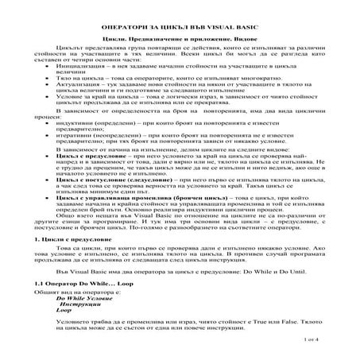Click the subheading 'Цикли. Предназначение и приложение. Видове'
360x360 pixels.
pyautogui.click(x=180, y=38)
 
